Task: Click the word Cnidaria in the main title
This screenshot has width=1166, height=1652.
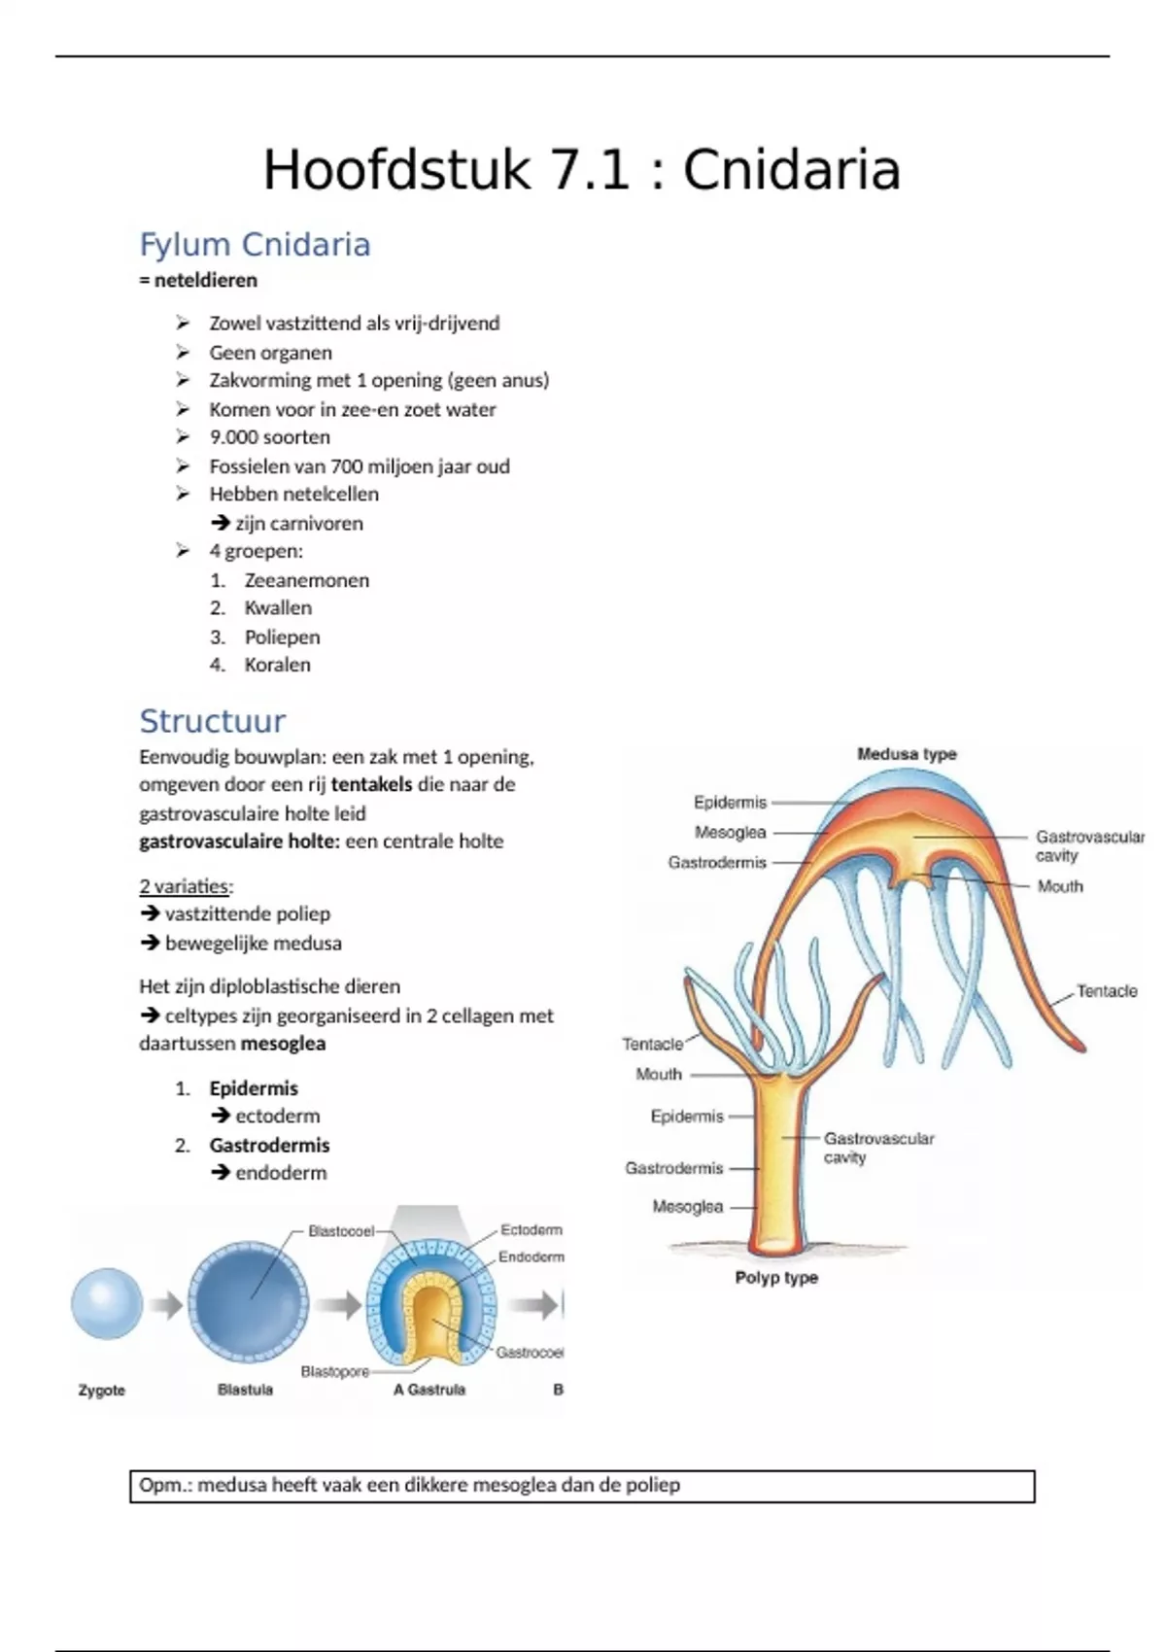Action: (791, 170)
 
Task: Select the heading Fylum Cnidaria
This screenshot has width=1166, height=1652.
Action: (255, 245)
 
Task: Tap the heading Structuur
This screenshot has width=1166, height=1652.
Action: (212, 721)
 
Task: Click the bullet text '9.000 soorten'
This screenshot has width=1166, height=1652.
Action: (269, 437)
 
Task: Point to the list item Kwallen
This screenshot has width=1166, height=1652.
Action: (278, 608)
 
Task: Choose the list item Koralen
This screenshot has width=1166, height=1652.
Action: (277, 665)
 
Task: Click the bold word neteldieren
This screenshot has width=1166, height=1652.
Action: (205, 281)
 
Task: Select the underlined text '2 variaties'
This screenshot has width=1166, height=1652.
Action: (185, 886)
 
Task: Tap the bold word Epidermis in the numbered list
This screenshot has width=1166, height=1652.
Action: (254, 1088)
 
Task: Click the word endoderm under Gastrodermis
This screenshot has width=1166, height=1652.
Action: (281, 1173)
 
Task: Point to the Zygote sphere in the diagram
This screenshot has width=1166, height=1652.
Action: (107, 1304)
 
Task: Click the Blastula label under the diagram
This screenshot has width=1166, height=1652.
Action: (245, 1390)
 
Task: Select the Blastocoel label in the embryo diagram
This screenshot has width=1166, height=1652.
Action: (341, 1231)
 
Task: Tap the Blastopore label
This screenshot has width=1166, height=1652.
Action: (334, 1372)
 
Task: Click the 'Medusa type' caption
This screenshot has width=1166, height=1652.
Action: (907, 754)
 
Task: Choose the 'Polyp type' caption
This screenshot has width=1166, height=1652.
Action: (776, 1278)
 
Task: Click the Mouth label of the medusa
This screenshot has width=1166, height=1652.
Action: (1059, 886)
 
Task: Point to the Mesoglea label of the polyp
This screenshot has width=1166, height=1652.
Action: (687, 1207)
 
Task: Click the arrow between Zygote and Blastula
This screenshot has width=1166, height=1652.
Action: (166, 1306)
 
